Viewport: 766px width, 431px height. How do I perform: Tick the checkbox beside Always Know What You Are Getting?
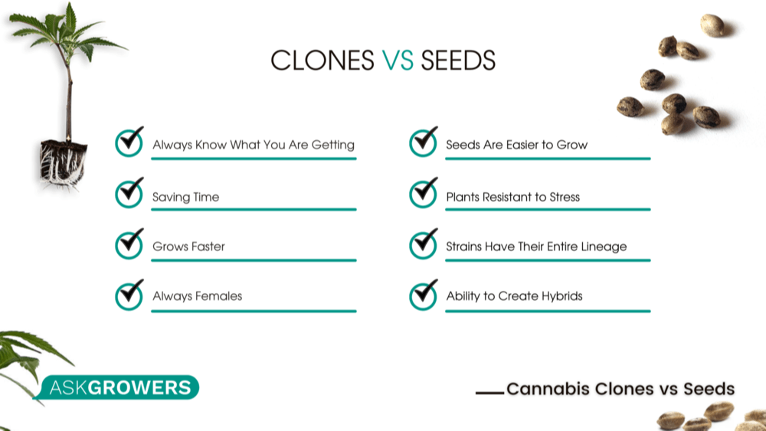[129, 142]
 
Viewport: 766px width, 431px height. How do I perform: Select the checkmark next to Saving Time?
[129, 194]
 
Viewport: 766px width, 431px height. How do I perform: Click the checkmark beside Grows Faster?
[129, 244]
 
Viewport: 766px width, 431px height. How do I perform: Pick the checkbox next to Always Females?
[129, 294]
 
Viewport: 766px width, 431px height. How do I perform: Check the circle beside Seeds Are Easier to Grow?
[423, 142]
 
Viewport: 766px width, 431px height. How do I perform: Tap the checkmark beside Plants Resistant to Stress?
[423, 194]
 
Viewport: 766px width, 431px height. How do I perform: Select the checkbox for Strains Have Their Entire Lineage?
[423, 244]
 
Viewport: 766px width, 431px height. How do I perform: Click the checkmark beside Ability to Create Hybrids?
[423, 294]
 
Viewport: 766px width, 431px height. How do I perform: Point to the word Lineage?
[601, 247]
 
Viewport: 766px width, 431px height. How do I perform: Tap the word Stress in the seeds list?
[565, 197]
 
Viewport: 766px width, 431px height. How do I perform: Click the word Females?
[218, 296]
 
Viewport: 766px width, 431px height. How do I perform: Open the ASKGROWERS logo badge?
[120, 387]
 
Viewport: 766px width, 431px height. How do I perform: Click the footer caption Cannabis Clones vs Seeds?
[620, 389]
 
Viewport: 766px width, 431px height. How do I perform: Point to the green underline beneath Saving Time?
[254, 209]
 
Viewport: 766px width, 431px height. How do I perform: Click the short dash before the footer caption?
[489, 392]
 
